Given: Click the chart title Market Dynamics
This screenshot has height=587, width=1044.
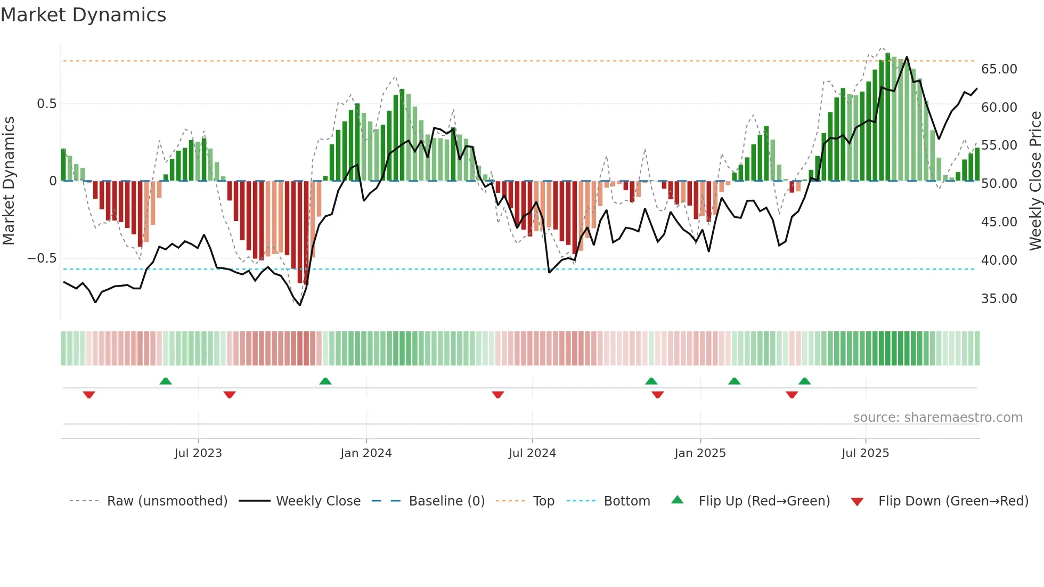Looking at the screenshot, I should pos(84,15).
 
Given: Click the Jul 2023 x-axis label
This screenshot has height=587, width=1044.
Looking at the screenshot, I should pos(198,453).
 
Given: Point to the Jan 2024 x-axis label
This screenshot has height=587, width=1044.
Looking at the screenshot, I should pos(366,453).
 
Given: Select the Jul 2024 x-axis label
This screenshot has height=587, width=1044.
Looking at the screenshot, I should pos(532,453).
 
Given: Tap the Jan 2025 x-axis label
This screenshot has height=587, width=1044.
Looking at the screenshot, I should pos(700,453).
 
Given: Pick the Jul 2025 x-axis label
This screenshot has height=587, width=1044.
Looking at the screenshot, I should pos(866,453).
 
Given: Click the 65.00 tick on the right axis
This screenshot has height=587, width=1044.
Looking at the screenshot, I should pos(999,69).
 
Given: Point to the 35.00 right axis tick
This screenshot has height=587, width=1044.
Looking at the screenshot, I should pos(999,299).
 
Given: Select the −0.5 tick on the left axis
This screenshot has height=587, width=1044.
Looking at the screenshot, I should pos(42,258).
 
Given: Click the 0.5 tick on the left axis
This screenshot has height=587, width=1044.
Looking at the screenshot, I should pos(46,104).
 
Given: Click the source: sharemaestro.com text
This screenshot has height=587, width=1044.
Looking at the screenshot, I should pos(937,418).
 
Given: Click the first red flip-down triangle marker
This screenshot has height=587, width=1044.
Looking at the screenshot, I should pos(89,395).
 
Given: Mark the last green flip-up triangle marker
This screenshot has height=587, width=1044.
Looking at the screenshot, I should pos(804,381).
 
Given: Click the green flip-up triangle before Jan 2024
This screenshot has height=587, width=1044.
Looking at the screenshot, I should pos(325,381).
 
